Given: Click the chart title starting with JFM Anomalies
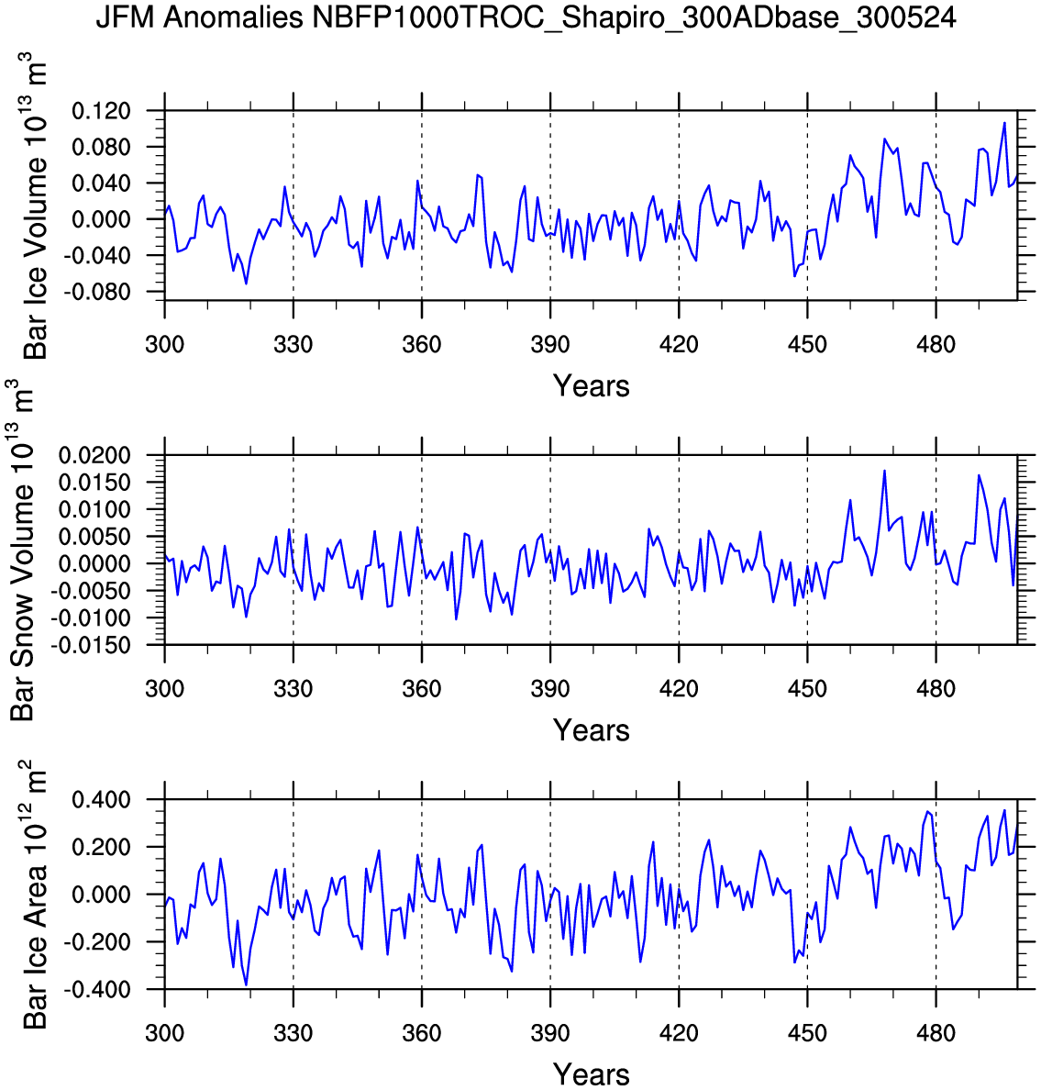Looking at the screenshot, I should coord(526,17).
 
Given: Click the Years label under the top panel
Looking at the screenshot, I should coord(591,386).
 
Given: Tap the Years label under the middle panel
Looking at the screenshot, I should coord(591,730).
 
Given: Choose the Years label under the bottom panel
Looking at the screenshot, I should coord(591,1073).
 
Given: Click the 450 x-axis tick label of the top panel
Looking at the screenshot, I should coord(806,345).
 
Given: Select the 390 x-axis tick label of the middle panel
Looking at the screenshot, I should coord(549,689).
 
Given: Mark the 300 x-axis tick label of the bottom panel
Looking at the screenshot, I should coord(164,1033).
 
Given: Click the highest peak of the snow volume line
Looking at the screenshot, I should coord(884,471).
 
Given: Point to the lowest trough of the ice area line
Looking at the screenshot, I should coord(246,984).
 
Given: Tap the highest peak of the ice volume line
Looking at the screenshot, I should coord(1004,123).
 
